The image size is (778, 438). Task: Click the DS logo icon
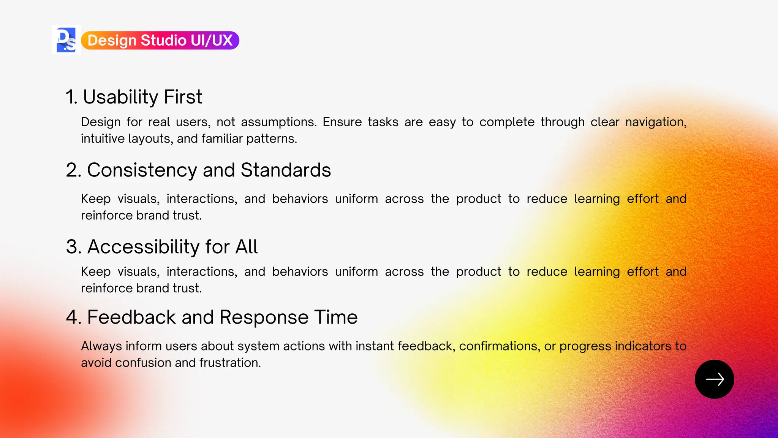click(66, 40)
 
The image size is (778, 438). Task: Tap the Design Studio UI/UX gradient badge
click(160, 40)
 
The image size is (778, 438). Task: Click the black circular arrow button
click(714, 379)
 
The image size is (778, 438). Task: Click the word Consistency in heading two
click(142, 170)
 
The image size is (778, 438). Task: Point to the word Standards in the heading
click(286, 170)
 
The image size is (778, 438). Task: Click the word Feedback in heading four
click(131, 317)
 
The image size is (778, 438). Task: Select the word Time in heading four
click(336, 317)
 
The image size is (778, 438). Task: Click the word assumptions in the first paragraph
click(278, 122)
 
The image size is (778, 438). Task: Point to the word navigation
click(656, 122)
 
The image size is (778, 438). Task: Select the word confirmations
click(499, 346)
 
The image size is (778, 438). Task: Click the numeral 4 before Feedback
click(72, 317)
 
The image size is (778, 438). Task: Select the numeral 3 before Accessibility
click(72, 247)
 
